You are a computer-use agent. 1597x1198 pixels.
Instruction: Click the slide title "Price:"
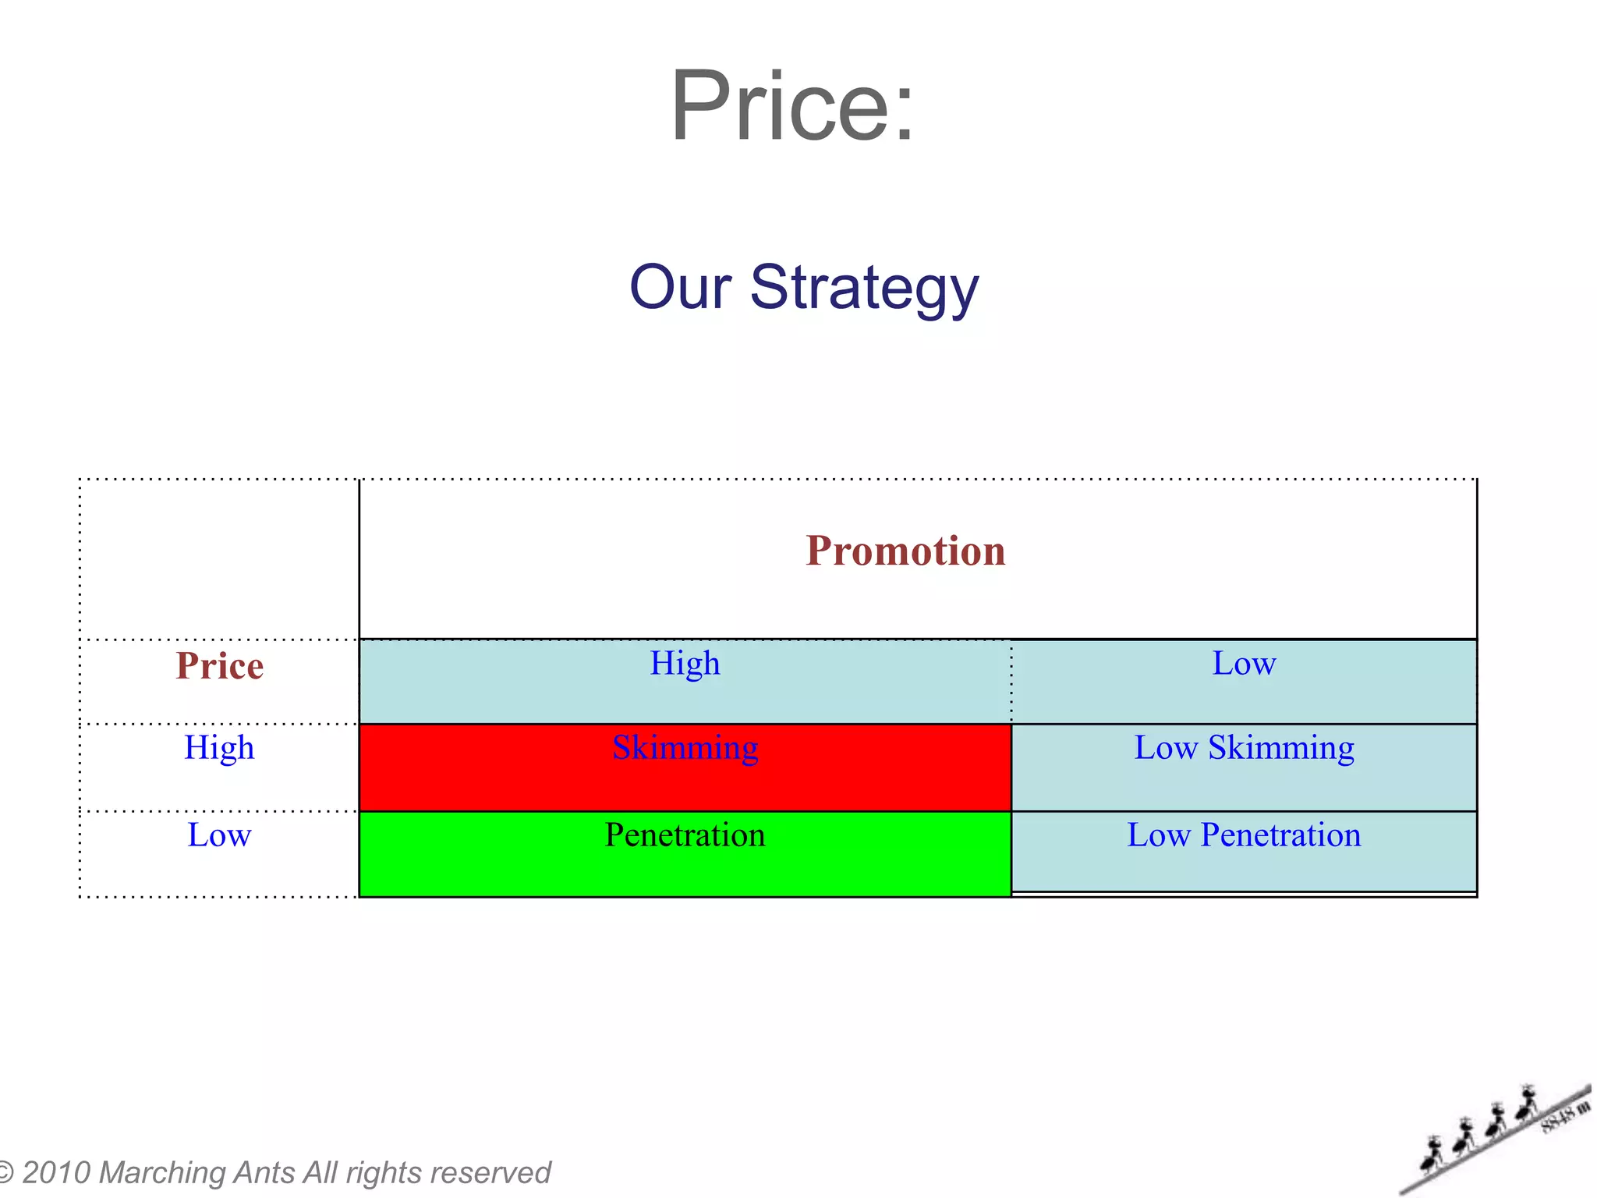tap(791, 107)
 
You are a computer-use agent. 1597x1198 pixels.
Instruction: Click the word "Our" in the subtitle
tap(680, 287)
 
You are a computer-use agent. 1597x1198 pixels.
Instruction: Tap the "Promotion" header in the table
tap(905, 551)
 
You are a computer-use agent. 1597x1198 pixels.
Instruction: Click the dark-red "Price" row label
tap(219, 666)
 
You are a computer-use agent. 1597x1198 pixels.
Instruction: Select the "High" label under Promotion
tap(685, 664)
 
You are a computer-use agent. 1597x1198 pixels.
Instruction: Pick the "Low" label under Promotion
tap(1244, 664)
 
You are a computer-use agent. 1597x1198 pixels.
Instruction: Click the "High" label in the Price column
tap(219, 748)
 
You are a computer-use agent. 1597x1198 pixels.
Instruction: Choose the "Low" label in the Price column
tap(219, 835)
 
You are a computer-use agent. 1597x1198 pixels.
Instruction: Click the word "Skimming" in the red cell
tap(685, 748)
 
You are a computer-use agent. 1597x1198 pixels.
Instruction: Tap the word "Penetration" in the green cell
tap(685, 835)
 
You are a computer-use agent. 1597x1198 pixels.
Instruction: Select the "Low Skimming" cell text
tap(1244, 748)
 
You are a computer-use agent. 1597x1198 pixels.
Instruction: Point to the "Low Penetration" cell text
tap(1244, 835)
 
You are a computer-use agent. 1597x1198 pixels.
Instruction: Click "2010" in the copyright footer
tap(56, 1173)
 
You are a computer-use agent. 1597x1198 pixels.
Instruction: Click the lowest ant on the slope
tap(1432, 1154)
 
